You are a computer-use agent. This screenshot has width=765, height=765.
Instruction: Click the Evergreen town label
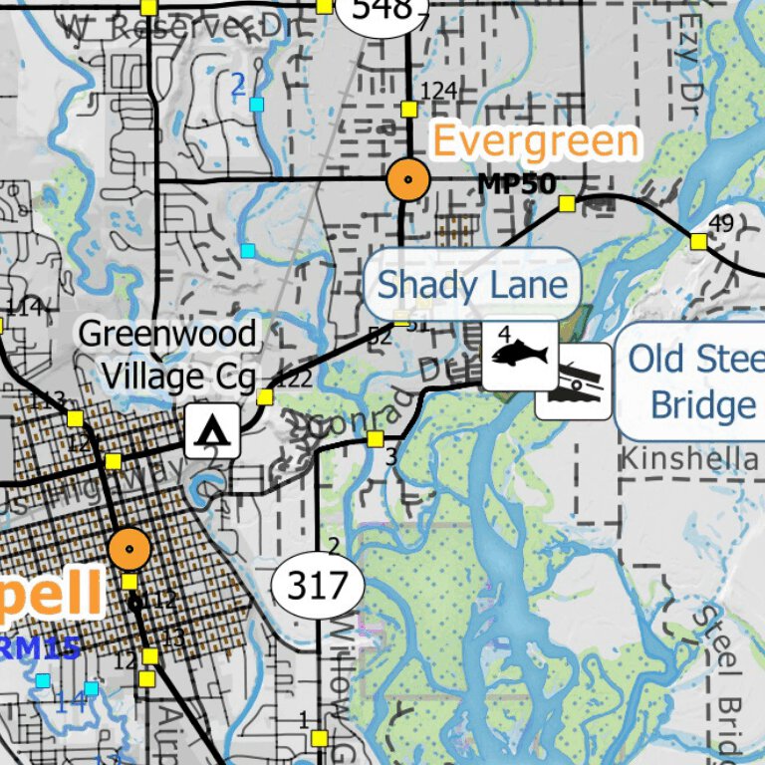point(535,142)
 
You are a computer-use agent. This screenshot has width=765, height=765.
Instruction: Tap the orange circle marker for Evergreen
point(407,181)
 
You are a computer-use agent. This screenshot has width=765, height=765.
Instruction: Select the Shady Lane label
point(472,285)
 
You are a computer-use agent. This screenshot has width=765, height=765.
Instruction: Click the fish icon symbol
point(520,355)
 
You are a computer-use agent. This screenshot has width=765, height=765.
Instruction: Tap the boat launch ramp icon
point(574,382)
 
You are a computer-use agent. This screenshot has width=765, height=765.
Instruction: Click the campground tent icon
point(211,431)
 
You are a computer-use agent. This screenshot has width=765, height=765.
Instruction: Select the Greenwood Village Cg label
point(167,355)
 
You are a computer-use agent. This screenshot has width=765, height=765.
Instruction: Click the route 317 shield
point(318,585)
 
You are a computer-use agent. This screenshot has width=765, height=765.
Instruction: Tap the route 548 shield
point(381,11)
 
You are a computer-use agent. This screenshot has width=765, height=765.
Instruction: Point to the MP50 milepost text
point(515,183)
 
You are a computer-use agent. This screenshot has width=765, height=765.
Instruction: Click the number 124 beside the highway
point(438,92)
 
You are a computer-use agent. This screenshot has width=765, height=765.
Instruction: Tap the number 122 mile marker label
point(294,379)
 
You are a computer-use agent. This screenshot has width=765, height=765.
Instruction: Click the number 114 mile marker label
point(24,307)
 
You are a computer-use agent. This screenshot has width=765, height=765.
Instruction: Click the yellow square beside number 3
point(376,438)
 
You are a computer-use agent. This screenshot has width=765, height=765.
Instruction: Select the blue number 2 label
point(237,87)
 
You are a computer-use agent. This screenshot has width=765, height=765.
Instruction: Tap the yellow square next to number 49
point(698,241)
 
